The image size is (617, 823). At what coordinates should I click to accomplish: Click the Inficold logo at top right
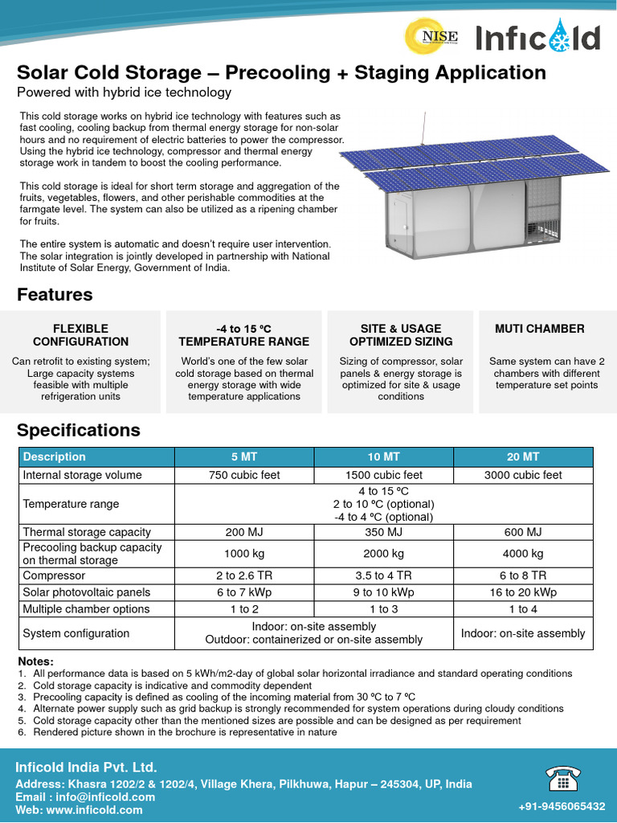[x=537, y=37]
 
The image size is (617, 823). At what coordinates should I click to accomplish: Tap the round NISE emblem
[x=440, y=35]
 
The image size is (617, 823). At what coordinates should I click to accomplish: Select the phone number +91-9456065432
[x=562, y=806]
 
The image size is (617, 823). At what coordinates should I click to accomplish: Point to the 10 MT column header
[x=383, y=457]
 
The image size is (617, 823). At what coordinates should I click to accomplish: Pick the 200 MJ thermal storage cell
[x=244, y=532]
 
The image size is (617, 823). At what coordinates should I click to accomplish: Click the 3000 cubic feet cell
[x=523, y=475]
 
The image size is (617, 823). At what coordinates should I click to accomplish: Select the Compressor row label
[x=54, y=575]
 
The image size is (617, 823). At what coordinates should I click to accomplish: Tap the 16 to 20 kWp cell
[x=523, y=592]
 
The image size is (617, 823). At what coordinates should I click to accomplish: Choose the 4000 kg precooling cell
[x=523, y=554]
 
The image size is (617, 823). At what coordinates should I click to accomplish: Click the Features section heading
[x=55, y=294]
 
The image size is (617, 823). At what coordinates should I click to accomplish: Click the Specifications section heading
[x=79, y=430]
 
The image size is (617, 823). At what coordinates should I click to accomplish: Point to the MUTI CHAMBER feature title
[x=539, y=329]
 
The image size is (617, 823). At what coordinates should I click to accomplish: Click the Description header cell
[x=55, y=457]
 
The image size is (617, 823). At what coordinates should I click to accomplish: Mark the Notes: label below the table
[x=35, y=661]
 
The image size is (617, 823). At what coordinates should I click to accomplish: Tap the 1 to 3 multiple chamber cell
[x=383, y=609]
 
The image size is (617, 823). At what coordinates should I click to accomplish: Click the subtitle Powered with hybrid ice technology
[x=125, y=92]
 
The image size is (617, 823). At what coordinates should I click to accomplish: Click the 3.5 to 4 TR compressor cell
[x=383, y=575]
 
